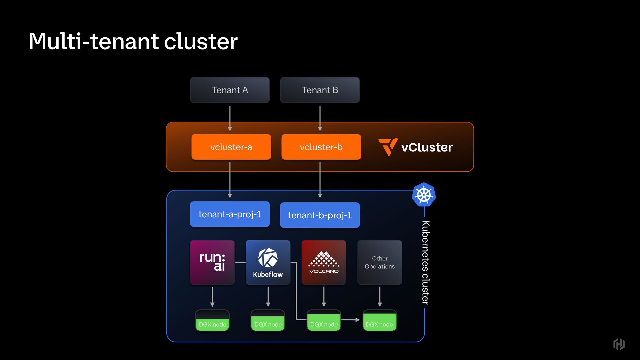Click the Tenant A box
(x=230, y=90)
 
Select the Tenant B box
(x=320, y=90)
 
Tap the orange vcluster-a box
(x=231, y=147)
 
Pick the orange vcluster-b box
(x=321, y=147)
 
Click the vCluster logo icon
(x=388, y=147)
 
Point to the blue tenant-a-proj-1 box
(x=230, y=214)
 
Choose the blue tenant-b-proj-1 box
(x=320, y=215)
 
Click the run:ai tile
(x=212, y=262)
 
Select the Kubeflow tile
(x=268, y=262)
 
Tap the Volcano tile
(x=324, y=262)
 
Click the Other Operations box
(x=380, y=262)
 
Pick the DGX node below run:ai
(x=212, y=321)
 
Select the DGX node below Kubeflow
(x=268, y=321)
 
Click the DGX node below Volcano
(x=324, y=321)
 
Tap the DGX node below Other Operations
(x=380, y=321)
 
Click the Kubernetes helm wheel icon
(x=424, y=195)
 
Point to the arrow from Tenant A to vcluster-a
(x=230, y=118)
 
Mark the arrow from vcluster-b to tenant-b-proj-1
(x=320, y=180)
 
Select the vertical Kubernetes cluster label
(x=425, y=262)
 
